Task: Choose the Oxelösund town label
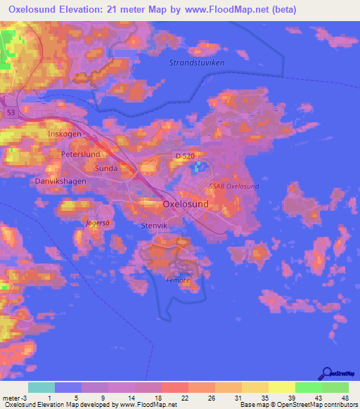tap(186, 204)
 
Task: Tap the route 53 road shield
tap(10, 112)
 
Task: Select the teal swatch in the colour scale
tap(41, 387)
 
